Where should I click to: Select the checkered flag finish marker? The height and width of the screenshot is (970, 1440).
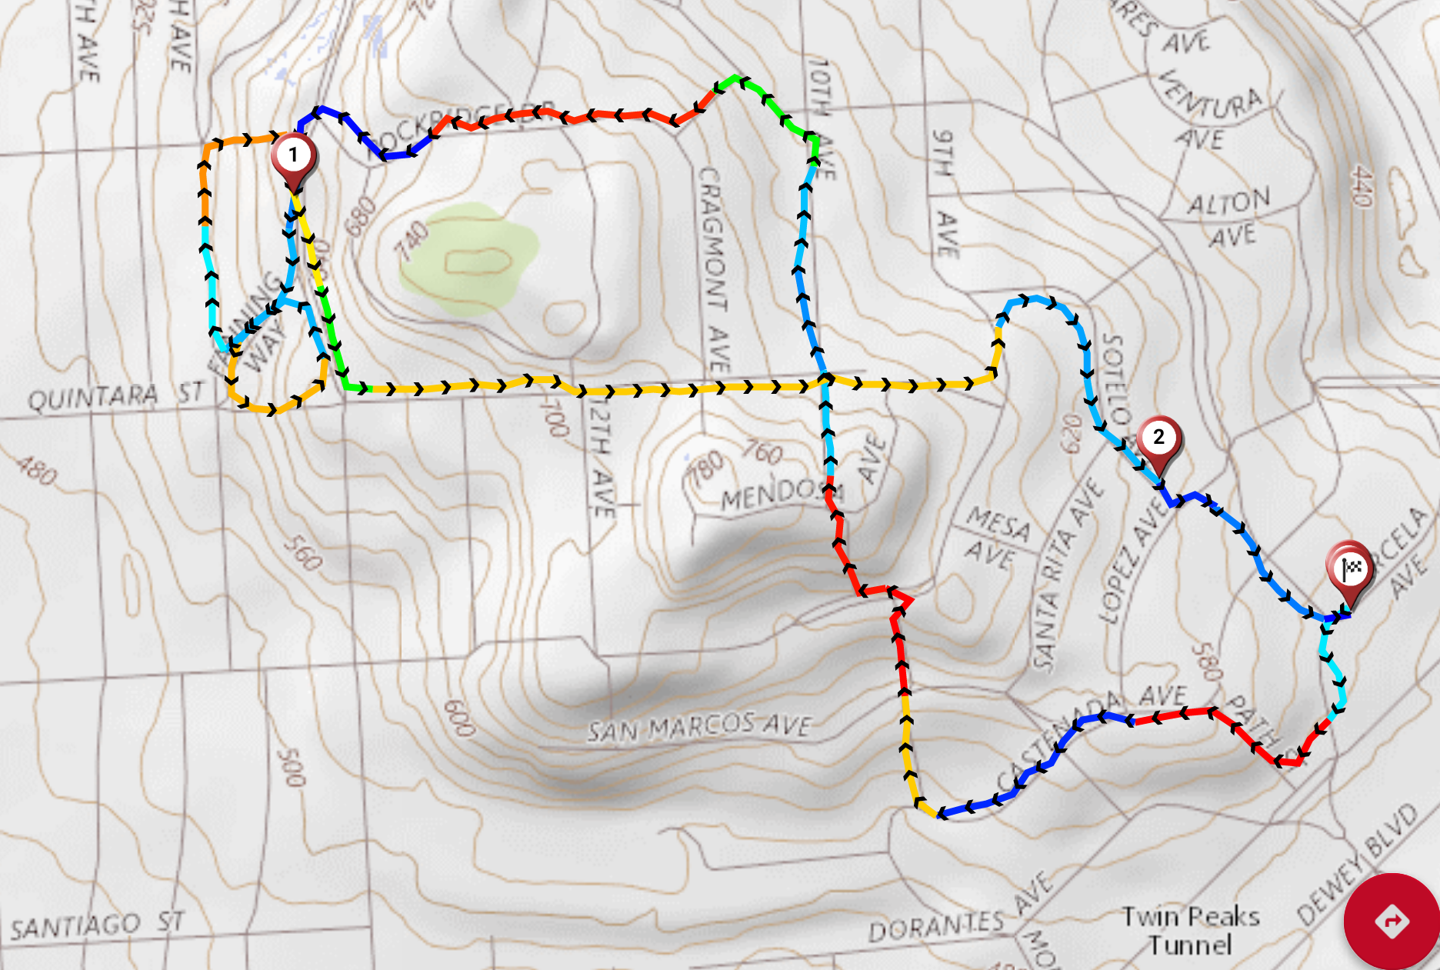(x=1350, y=570)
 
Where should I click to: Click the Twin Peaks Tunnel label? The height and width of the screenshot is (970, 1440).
(x=1190, y=930)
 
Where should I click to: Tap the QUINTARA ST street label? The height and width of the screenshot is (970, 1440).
(x=115, y=396)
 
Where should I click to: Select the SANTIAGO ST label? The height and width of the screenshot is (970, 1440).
(x=97, y=925)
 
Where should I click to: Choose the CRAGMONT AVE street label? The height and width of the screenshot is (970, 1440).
(x=714, y=269)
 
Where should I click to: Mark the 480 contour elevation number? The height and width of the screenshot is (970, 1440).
(x=36, y=470)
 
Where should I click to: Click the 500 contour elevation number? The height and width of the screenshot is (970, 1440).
(x=292, y=766)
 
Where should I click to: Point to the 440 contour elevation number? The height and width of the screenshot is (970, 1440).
(x=1362, y=185)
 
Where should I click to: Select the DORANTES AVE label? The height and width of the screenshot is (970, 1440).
(x=962, y=915)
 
